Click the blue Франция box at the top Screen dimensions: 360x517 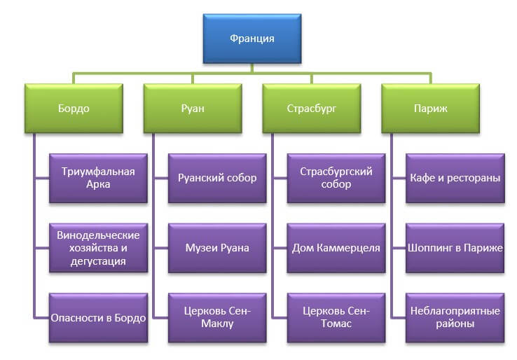pyautogui.click(x=251, y=39)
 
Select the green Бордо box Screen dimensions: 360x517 pyautogui.click(x=74, y=109)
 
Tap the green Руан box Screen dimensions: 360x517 pyautogui.click(x=193, y=109)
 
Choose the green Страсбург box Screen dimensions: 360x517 pyautogui.click(x=312, y=109)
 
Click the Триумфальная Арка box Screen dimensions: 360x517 pyautogui.click(x=98, y=178)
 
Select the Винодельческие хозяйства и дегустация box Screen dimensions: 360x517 pyautogui.click(x=98, y=248)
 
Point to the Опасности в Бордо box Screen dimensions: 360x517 pyautogui.click(x=98, y=318)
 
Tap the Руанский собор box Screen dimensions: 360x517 pyautogui.click(x=217, y=178)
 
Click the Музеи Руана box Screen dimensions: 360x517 pyautogui.click(x=217, y=248)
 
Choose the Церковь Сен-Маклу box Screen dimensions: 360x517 pyautogui.click(x=217, y=318)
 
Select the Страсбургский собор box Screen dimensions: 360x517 pyautogui.click(x=336, y=178)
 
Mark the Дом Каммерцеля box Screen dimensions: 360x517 pyautogui.click(x=336, y=248)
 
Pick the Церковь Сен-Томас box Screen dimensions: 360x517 pyautogui.click(x=336, y=318)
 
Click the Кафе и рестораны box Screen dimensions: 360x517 pyautogui.click(x=455, y=178)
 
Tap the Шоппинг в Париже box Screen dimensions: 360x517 pyautogui.click(x=455, y=248)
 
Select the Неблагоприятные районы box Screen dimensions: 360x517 pyautogui.click(x=455, y=318)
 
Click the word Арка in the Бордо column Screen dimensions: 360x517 pyautogui.click(x=98, y=185)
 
